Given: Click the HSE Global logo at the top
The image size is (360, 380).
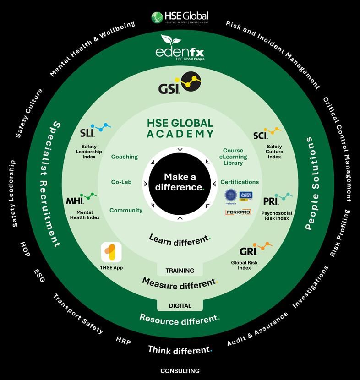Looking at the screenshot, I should [x=180, y=17].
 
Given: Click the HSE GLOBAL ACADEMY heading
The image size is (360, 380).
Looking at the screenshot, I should [x=180, y=128].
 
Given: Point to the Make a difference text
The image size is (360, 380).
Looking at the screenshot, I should [x=180, y=182].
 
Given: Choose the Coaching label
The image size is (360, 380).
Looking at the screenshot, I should [x=124, y=157].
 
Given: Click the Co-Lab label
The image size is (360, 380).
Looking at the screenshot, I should [x=121, y=182].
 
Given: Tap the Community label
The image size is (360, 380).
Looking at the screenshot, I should [x=126, y=211].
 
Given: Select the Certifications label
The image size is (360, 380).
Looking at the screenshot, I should [x=240, y=182].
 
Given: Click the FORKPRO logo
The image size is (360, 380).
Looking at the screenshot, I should [x=238, y=212].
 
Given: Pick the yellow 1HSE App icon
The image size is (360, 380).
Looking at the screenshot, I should [x=111, y=252].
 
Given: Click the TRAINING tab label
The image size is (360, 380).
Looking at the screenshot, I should [x=180, y=271].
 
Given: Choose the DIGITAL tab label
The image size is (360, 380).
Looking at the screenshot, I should [x=180, y=306].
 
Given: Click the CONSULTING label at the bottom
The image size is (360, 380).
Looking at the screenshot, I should [x=180, y=371].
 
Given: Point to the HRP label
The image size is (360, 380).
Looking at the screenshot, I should [x=123, y=341].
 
